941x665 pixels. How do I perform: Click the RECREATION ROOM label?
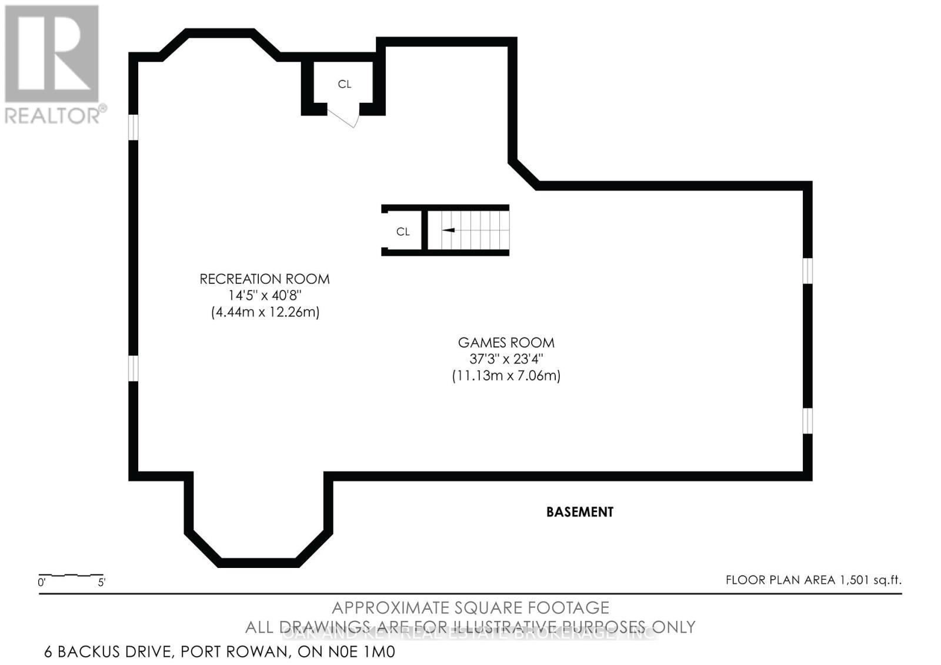(264, 279)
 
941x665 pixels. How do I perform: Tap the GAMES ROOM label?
(506, 342)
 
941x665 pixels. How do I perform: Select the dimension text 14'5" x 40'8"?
(265, 295)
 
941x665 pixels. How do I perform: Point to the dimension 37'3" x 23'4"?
(506, 359)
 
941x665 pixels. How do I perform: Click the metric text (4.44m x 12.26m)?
(265, 312)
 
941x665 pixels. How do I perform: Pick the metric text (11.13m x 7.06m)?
(506, 375)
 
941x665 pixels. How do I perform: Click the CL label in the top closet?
(345, 84)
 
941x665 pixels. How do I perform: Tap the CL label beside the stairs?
(403, 232)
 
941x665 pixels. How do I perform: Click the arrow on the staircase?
(448, 230)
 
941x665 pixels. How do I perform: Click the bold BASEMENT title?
(579, 512)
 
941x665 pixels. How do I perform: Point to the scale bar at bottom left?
(71, 575)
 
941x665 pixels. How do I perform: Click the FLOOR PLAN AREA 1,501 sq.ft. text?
(813, 580)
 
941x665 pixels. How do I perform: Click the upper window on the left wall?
(134, 127)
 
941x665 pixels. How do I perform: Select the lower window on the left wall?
(134, 368)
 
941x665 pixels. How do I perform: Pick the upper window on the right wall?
(807, 270)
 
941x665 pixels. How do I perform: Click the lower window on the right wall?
(807, 420)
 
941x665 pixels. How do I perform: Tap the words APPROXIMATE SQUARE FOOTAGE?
(470, 607)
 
